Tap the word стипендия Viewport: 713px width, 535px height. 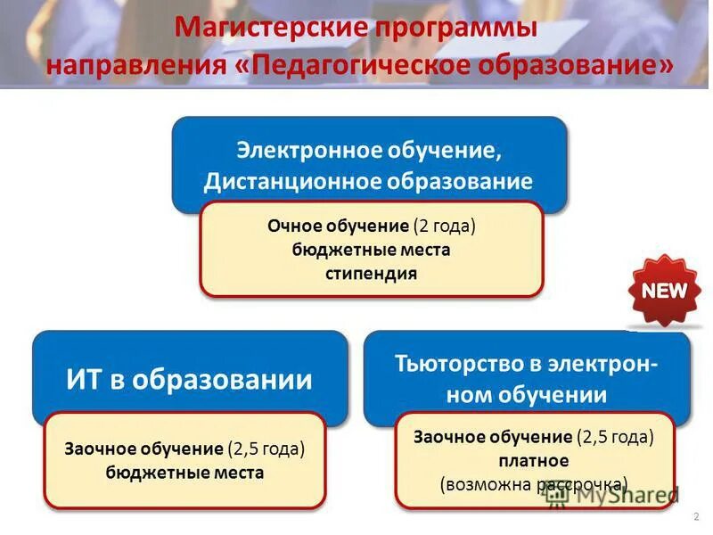371,273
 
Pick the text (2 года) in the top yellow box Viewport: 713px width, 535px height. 444,226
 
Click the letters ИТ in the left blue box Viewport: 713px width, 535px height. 86,381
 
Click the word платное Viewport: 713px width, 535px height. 533,461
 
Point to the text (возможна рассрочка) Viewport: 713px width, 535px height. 533,485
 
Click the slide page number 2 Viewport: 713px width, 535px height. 694,517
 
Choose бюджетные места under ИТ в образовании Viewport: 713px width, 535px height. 184,473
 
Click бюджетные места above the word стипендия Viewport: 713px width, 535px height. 371,250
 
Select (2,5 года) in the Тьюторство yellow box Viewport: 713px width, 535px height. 614,437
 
